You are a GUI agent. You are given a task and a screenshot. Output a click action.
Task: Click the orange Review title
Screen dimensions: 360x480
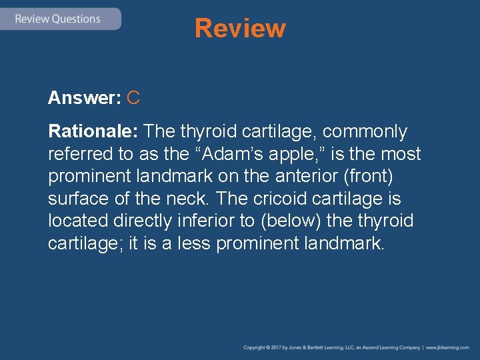coord(240,29)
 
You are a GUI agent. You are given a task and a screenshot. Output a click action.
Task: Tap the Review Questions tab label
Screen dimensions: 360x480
coord(57,19)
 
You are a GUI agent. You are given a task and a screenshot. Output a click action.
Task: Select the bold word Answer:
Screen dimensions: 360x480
coord(84,99)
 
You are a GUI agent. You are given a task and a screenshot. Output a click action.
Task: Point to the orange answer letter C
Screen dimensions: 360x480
coord(133,99)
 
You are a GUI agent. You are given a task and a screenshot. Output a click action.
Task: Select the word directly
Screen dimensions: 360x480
coord(140,221)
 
